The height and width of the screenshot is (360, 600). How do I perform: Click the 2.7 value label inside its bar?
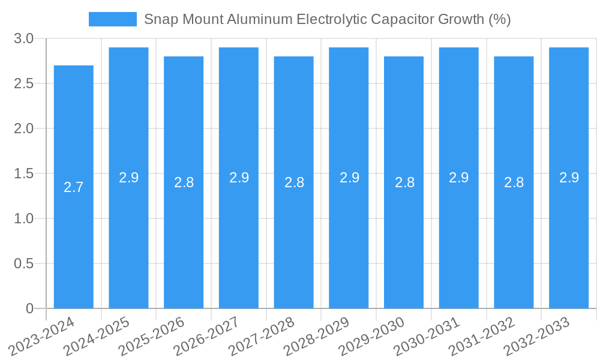coord(73,187)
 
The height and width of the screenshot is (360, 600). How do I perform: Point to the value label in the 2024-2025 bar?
coord(128,178)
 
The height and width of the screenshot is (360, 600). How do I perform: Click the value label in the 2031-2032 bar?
coord(514,182)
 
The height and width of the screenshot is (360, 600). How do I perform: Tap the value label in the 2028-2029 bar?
coord(349,178)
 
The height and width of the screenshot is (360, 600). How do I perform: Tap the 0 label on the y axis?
coord(29,308)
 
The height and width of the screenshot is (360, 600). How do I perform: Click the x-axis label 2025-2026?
coord(151,336)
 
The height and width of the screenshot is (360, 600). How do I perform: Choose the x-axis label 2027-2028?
coord(262,336)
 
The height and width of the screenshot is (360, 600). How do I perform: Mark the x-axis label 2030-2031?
coord(427,336)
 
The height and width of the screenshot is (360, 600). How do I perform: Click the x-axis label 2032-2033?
coord(537,336)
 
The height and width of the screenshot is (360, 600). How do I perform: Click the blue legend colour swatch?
coord(112,19)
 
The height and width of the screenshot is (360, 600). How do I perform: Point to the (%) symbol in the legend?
coord(499,19)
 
